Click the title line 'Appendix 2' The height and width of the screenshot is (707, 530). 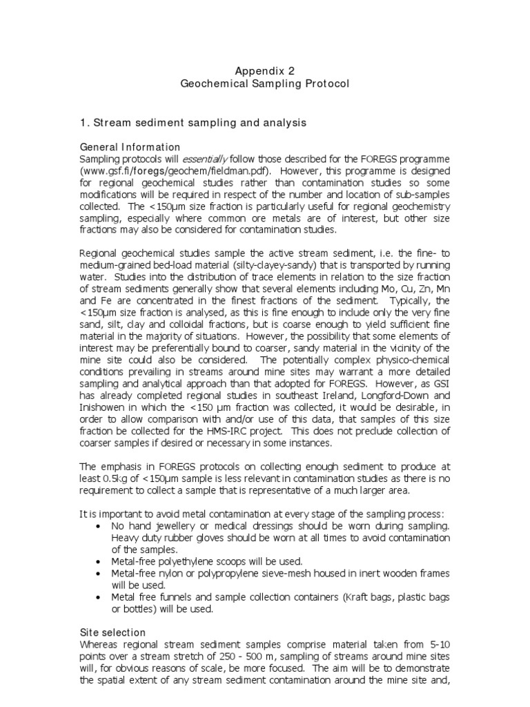[266, 70]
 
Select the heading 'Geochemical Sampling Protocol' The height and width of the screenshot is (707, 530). [266, 84]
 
